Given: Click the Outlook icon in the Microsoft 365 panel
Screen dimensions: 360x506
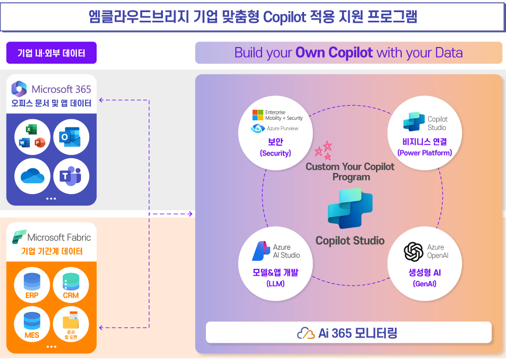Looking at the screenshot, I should click(x=71, y=137).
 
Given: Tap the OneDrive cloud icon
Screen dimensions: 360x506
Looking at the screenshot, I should click(x=33, y=176).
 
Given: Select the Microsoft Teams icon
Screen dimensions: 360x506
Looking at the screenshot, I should click(x=71, y=176).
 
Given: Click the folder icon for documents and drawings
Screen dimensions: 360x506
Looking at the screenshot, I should click(x=71, y=321).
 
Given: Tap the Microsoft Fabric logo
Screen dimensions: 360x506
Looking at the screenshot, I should click(x=19, y=237).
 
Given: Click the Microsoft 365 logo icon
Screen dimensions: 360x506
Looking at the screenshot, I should click(x=19, y=89).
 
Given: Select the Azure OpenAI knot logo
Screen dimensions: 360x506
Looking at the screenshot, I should click(x=413, y=251).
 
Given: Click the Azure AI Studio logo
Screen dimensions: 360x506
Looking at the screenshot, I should click(x=261, y=251).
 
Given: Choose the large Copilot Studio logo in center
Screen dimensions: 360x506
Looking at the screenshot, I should click(x=350, y=208).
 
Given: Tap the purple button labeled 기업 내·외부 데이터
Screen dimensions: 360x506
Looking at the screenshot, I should click(x=51, y=53).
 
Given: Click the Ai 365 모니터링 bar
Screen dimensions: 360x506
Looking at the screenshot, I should click(x=349, y=333).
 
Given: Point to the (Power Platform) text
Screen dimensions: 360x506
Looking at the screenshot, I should click(x=425, y=153).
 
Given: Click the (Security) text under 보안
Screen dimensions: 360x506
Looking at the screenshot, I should click(x=275, y=153).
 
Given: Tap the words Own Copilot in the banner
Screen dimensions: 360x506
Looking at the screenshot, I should click(x=334, y=53).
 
